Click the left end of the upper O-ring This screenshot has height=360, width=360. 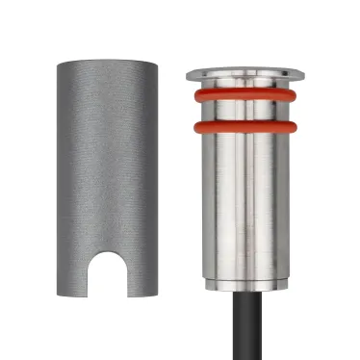pyautogui.click(x=195, y=96)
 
